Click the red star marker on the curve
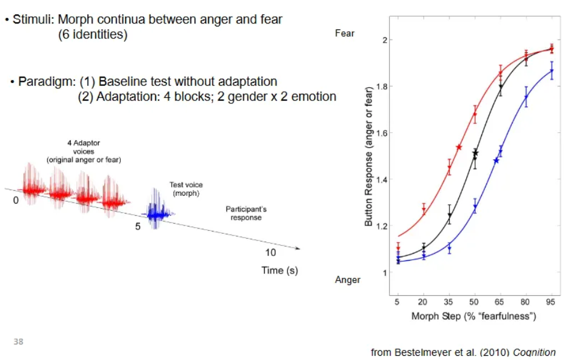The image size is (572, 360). tap(459, 147)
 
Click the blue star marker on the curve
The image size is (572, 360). tap(496, 160)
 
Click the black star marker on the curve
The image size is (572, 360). tap(475, 154)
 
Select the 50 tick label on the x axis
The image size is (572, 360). tap(474, 302)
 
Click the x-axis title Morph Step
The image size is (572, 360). tap(473, 316)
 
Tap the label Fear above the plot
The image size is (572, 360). tap(344, 34)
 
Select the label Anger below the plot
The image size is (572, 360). tap(348, 280)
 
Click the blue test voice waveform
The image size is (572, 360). tap(157, 212)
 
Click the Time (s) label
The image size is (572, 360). tap(279, 270)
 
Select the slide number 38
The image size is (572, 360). tap(19, 341)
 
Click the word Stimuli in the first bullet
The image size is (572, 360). tap(31, 19)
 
